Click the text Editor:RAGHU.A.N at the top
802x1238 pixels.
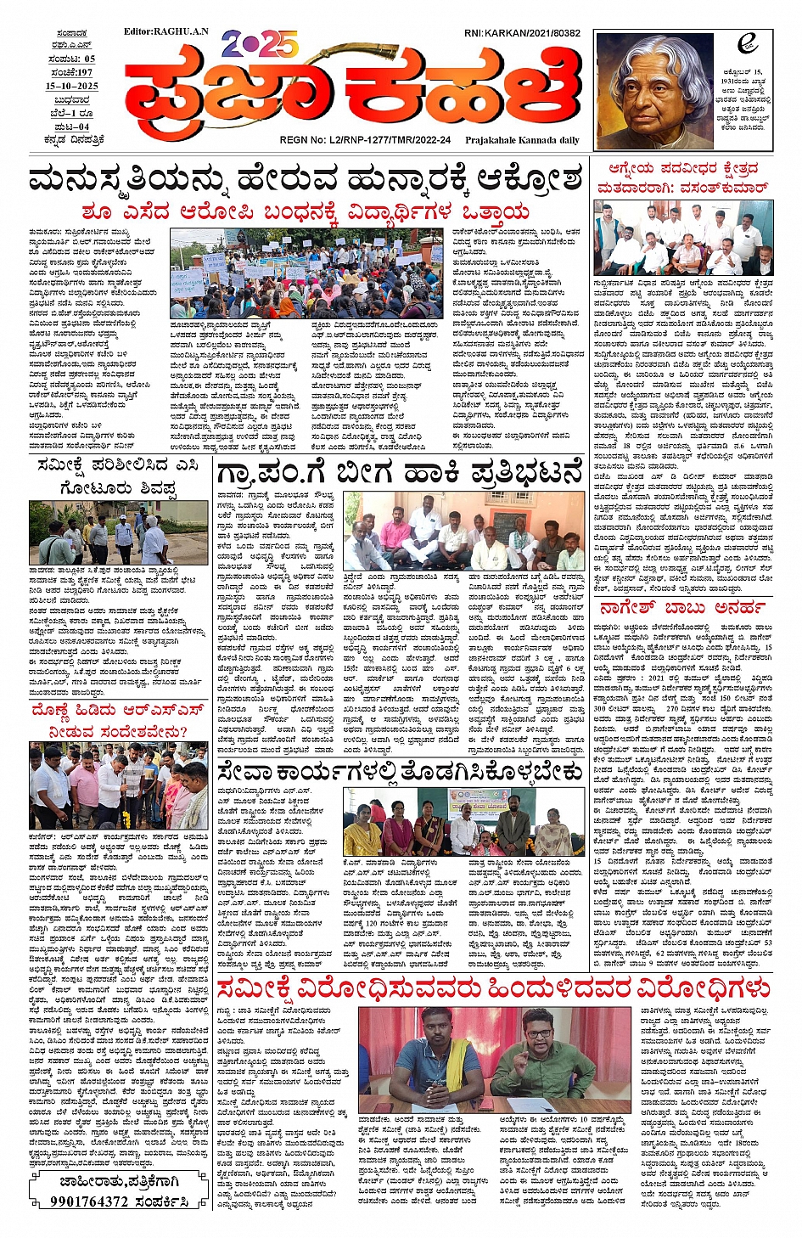click(x=165, y=31)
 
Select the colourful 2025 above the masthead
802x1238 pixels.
click(x=260, y=43)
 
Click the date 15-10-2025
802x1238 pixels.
click(x=72, y=86)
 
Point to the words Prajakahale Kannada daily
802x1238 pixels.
click(x=522, y=140)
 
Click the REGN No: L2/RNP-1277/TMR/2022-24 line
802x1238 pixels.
click(x=365, y=140)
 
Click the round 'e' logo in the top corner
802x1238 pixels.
click(x=748, y=43)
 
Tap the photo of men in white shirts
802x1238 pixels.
click(x=683, y=238)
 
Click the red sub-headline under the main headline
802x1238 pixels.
click(x=306, y=211)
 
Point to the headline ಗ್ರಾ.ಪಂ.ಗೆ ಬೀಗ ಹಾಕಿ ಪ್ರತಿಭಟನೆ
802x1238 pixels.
click(x=401, y=472)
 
